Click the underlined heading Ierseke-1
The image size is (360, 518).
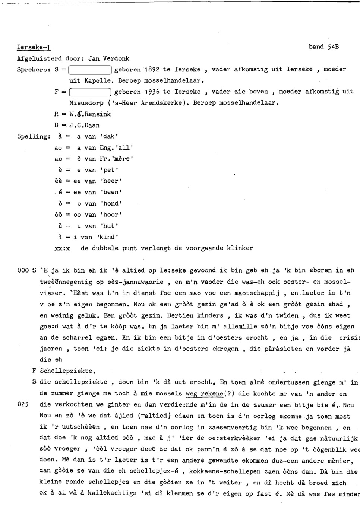tap(34, 47)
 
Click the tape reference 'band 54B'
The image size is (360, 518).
tap(323, 47)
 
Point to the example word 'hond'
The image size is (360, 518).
tap(111, 203)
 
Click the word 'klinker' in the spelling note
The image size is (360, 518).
tap(240, 248)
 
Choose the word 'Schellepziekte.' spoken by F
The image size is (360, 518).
tap(67, 371)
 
